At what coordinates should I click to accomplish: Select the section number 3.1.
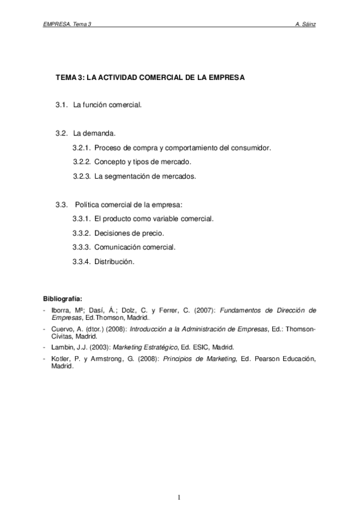click(x=61, y=105)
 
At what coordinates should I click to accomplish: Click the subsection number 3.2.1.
click(x=81, y=147)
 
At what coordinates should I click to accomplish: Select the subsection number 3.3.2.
click(x=81, y=233)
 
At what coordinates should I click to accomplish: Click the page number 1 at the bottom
click(x=179, y=497)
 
